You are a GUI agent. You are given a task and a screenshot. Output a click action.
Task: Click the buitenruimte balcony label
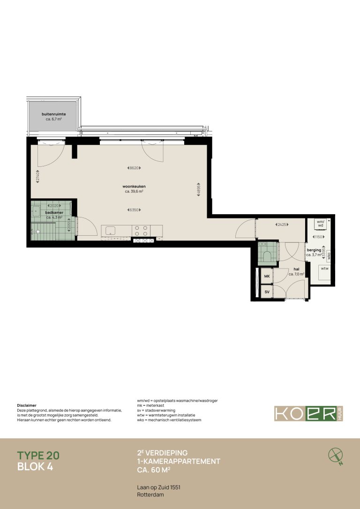coord(53,114)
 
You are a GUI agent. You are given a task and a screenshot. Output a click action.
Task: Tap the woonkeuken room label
coord(134,186)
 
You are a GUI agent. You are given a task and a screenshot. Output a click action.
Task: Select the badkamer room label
coord(54,213)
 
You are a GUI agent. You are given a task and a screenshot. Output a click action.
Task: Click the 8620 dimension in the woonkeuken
coord(134,168)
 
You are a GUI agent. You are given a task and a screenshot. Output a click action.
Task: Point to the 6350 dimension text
coord(134,210)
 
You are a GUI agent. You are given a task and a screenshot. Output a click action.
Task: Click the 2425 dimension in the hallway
coord(281,225)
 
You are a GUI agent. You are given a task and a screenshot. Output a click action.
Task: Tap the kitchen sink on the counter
coord(111,230)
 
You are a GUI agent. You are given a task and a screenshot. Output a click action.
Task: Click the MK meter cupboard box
coord(267,277)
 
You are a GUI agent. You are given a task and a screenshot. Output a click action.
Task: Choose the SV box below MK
coord(267,292)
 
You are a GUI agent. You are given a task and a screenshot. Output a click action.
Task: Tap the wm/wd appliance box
coord(321,224)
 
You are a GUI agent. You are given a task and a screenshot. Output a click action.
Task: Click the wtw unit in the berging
coord(324,269)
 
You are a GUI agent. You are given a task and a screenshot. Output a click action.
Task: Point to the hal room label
coord(297,269)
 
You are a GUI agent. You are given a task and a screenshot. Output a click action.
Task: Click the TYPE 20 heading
coord(38,455)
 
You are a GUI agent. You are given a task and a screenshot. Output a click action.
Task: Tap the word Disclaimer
coord(27,405)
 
